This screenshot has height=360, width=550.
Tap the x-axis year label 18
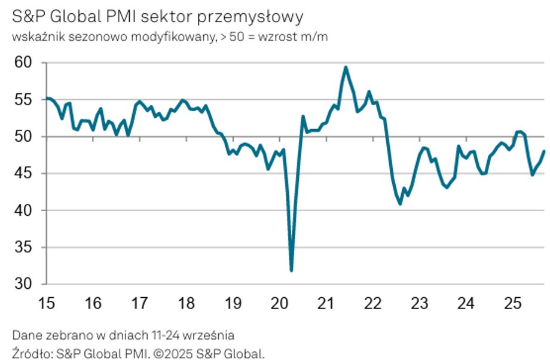[186, 304]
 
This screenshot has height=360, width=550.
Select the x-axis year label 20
[279, 304]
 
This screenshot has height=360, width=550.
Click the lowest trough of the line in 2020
[291, 271]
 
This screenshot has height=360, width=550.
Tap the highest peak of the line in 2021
[346, 67]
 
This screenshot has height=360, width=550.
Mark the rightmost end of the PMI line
[545, 151]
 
